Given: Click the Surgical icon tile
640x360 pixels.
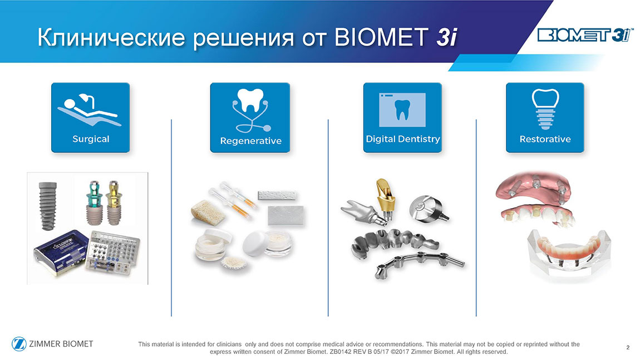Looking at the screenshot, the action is click(x=91, y=117).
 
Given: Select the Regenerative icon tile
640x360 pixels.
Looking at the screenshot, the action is click(x=250, y=117).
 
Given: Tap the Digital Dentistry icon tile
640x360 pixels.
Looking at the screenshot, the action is click(x=402, y=117).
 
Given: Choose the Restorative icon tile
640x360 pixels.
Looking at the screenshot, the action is click(x=545, y=117).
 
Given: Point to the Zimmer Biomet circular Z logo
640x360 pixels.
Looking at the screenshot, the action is click(x=19, y=344).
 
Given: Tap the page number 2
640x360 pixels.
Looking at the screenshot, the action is click(x=628, y=347).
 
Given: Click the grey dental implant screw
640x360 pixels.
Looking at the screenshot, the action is click(x=47, y=206).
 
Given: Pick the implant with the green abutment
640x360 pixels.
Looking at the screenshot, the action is click(x=94, y=203).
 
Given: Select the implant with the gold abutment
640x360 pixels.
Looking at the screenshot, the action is click(x=114, y=203).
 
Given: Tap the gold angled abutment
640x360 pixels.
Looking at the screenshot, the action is click(x=385, y=198).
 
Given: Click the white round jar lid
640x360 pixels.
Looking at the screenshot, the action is click(x=255, y=243).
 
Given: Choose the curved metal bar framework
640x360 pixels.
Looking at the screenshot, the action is click(x=419, y=264).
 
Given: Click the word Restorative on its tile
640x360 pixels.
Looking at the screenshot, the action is click(x=545, y=139).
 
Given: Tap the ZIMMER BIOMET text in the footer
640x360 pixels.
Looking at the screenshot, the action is click(x=61, y=344).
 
